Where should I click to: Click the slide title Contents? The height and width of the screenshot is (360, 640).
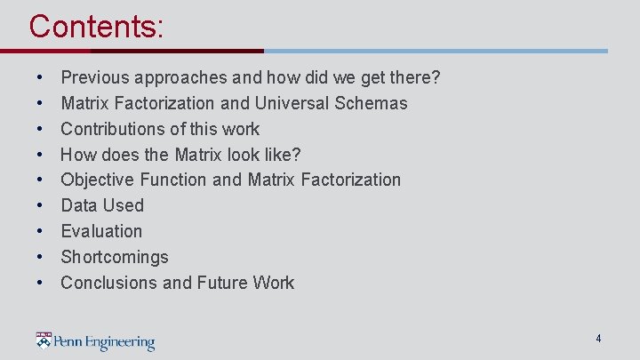coord(96,26)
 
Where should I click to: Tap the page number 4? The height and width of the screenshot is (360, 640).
coord(598,339)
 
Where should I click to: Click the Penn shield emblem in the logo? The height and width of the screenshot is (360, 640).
coord(44,340)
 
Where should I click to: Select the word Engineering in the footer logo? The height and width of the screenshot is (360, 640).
coord(116,342)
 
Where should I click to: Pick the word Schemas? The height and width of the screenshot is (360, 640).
coord(372,103)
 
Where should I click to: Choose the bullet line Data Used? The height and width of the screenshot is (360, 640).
coord(101,205)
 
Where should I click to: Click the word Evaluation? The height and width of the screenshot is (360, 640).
coord(101,231)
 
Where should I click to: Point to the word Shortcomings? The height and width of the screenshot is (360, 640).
coord(114,257)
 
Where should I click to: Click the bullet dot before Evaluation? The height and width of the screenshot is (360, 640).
coord(42,231)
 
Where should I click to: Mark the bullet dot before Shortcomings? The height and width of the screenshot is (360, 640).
coord(42,257)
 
